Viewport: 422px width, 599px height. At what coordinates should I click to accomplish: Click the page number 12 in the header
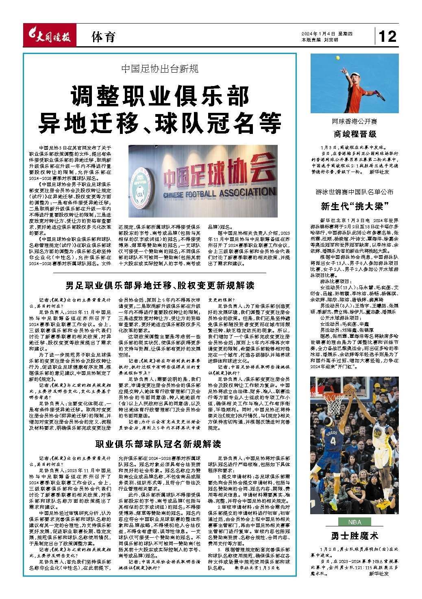(x=387, y=37)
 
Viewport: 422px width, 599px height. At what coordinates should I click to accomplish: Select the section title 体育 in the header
(x=103, y=37)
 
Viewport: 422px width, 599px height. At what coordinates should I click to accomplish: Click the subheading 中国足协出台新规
(x=160, y=69)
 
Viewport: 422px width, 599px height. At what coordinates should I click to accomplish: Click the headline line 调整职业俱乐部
(x=160, y=96)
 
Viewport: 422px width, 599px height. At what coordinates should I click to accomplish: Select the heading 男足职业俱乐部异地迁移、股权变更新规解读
(x=160, y=286)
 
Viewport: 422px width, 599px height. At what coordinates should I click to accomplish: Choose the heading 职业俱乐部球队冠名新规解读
(x=158, y=444)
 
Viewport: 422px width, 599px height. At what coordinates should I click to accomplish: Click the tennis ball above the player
(x=337, y=58)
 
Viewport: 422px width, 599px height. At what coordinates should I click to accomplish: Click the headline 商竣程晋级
(x=355, y=134)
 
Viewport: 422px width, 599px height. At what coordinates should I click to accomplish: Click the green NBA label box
(x=355, y=522)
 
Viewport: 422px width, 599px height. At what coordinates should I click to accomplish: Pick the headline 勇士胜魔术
(x=355, y=536)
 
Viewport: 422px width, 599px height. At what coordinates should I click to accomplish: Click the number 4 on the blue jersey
(x=333, y=441)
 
